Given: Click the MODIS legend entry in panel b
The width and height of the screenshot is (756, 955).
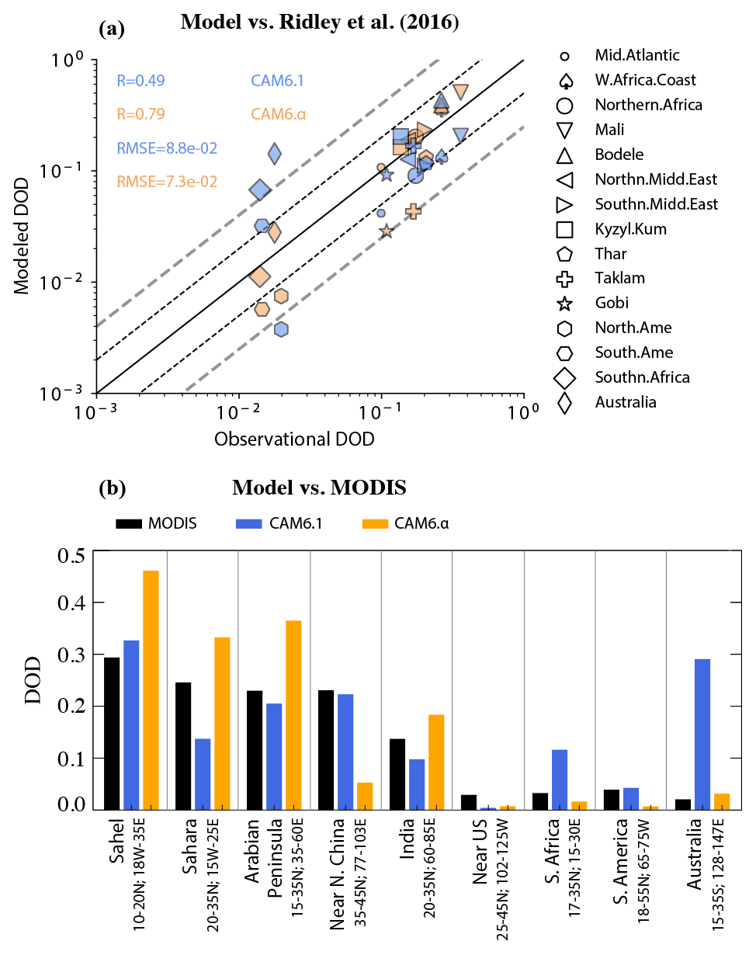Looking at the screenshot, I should point(156,523).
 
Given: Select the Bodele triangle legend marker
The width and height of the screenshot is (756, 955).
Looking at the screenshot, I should point(565,155).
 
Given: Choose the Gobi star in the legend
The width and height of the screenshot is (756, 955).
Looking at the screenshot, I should point(565,303).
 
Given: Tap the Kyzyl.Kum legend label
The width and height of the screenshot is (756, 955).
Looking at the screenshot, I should point(631,229).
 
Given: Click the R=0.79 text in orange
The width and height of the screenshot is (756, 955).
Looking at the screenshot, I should point(140,114).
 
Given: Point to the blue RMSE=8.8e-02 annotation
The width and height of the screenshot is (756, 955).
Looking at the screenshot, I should point(166,148).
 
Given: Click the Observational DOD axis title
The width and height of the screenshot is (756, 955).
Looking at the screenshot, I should point(294,439).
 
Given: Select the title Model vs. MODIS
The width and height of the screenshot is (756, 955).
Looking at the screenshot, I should point(319,488).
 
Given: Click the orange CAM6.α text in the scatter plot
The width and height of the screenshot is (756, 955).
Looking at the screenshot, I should point(278,114).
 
